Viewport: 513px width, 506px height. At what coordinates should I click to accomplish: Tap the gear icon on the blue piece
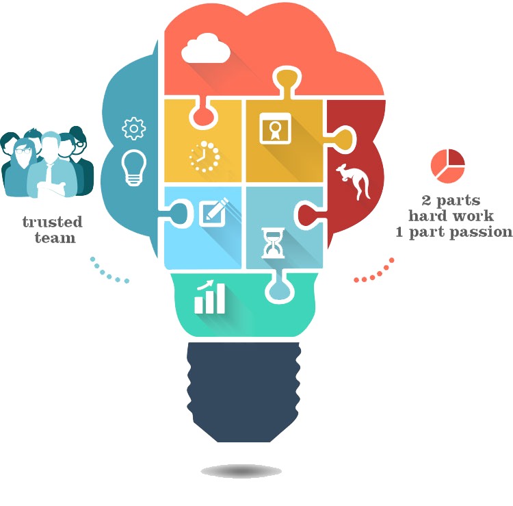pyautogui.click(x=134, y=129)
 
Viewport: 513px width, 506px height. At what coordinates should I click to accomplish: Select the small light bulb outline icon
pyautogui.click(x=133, y=167)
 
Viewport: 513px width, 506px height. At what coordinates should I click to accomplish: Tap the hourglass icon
pyautogui.click(x=273, y=244)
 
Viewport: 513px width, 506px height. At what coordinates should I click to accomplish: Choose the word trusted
pyautogui.click(x=52, y=222)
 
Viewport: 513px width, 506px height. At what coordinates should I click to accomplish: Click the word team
pyautogui.click(x=54, y=238)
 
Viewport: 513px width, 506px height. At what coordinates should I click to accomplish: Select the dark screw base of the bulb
pyautogui.click(x=244, y=390)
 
